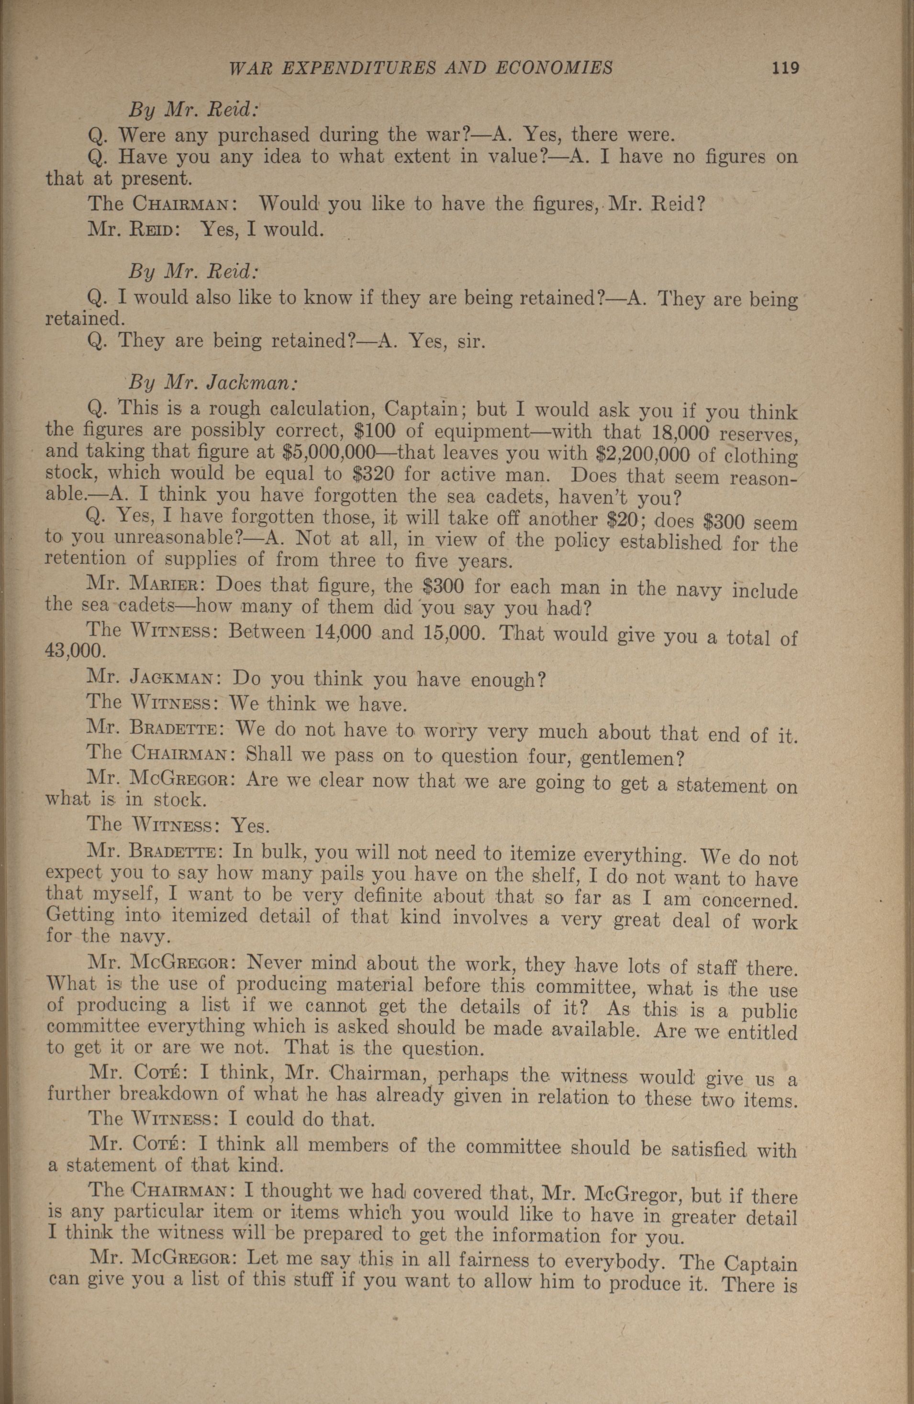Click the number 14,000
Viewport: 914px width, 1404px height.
click(343, 632)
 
